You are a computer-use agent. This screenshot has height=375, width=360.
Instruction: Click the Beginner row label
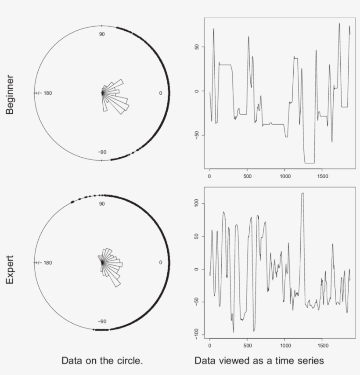(x=10, y=94)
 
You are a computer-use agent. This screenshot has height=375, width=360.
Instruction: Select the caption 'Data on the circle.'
(x=102, y=361)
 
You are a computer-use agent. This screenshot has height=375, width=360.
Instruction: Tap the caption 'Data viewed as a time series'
(x=259, y=361)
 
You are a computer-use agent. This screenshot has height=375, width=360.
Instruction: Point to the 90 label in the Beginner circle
(x=101, y=34)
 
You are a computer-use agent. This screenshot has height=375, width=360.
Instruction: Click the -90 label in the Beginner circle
(x=102, y=152)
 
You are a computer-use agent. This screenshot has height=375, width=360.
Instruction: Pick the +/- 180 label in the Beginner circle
(x=44, y=93)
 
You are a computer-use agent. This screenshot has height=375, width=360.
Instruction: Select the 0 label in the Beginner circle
(x=160, y=93)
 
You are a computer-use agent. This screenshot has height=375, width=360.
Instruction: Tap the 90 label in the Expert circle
(x=101, y=204)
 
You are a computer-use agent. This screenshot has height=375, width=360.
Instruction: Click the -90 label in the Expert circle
(x=102, y=321)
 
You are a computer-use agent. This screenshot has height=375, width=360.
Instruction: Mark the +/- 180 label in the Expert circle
(x=44, y=263)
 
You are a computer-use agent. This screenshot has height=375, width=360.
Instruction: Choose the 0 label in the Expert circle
(x=160, y=263)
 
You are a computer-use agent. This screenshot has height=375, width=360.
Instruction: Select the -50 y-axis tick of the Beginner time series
(x=196, y=134)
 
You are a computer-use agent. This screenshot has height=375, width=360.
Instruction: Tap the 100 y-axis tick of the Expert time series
(x=196, y=203)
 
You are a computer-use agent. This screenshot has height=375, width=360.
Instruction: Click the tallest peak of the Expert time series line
(x=302, y=193)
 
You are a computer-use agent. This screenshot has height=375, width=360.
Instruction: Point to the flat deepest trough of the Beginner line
(x=310, y=163)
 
